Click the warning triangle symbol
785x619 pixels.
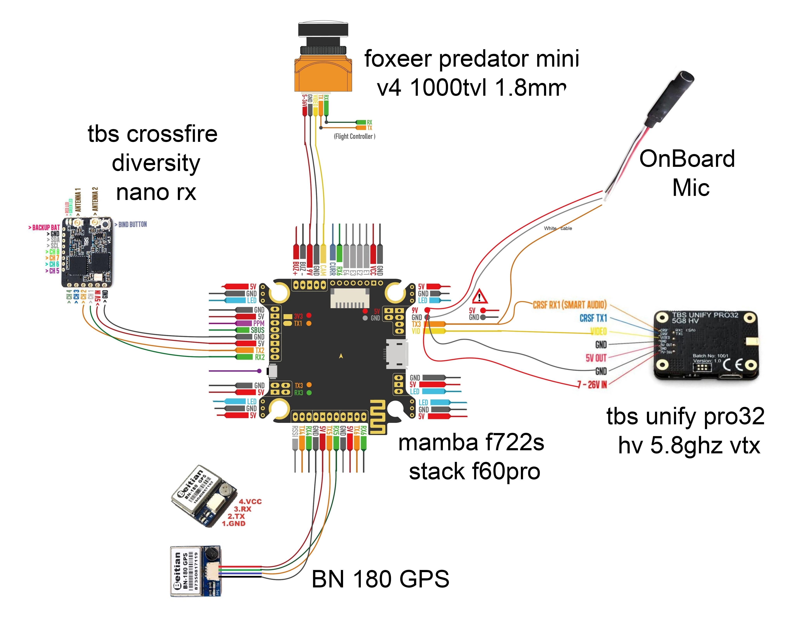(x=480, y=296)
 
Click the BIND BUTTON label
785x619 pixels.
(x=132, y=224)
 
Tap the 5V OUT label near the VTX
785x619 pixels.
(x=596, y=358)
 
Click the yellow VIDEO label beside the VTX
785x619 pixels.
(x=598, y=331)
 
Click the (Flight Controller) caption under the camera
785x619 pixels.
(x=354, y=136)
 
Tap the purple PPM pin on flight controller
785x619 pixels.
(x=258, y=323)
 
